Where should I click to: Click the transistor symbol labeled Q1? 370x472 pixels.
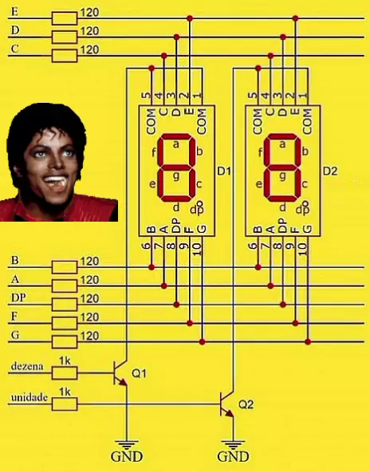(121, 373)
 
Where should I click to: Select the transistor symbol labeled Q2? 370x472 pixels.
(227, 404)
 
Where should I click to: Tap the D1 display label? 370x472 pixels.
(224, 171)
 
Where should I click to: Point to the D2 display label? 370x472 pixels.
(330, 171)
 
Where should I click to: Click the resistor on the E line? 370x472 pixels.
(65, 18)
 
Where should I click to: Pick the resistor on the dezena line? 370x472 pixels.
(65, 373)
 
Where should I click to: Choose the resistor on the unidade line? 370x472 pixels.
(65, 404)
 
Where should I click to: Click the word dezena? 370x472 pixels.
(27, 366)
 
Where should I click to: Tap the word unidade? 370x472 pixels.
(30, 397)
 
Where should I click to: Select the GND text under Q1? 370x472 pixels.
(127, 456)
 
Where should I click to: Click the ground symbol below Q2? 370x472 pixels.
(233, 445)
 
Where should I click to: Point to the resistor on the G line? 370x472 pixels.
(65, 342)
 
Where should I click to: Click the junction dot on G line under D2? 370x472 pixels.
(308, 342)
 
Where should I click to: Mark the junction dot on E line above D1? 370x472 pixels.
(190, 18)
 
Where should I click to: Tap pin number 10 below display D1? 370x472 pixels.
(197, 249)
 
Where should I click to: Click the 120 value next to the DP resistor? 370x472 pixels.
(90, 299)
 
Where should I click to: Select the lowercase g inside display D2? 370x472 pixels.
(282, 176)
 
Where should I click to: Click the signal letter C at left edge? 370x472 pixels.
(14, 49)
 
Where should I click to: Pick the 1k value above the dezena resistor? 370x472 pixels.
(65, 360)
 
